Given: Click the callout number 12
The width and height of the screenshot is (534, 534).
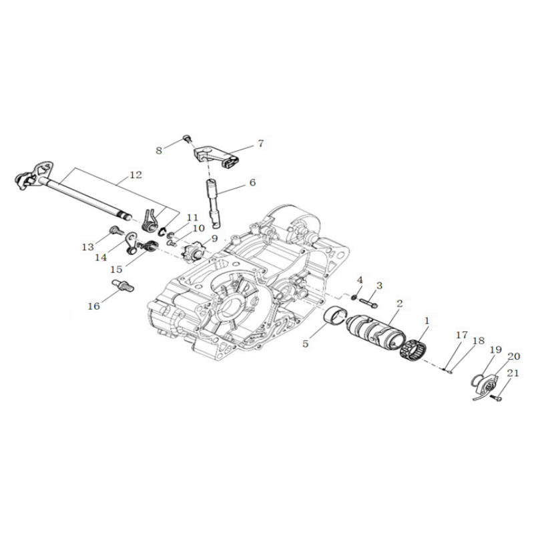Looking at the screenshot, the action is [x=136, y=175].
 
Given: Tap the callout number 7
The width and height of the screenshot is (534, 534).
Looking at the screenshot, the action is [x=260, y=144].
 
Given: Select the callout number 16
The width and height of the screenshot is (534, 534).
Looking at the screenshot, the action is [x=94, y=306].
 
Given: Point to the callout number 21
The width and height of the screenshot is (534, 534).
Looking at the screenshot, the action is [x=513, y=373].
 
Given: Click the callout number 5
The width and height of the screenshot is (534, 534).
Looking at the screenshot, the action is [x=305, y=344].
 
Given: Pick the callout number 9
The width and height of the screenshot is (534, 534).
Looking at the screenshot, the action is [x=214, y=238].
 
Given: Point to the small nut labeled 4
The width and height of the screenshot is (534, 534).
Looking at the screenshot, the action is [x=354, y=298].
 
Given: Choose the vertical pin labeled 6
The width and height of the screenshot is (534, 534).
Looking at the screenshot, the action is [x=214, y=204].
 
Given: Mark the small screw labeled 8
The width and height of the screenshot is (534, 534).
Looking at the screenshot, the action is [x=187, y=138].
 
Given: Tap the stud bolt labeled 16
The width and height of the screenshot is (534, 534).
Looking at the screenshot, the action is [x=123, y=285].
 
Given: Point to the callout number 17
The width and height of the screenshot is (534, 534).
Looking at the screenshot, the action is [x=462, y=335].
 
